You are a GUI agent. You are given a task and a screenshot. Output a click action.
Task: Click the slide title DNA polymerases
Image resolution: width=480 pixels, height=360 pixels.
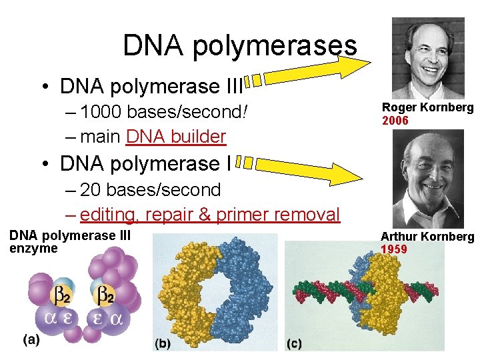[240, 45]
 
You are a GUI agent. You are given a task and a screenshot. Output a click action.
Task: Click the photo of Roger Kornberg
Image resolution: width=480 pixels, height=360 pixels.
[427, 59]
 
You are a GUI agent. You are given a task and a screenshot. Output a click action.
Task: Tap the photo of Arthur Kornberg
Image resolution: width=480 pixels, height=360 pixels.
[428, 178]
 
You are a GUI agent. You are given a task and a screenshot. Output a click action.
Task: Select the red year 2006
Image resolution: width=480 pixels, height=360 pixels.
[395, 121]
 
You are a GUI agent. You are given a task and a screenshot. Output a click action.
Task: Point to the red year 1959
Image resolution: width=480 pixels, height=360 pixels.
[394, 249]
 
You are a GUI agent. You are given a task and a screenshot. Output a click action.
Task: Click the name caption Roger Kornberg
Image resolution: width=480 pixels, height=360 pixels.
[427, 107]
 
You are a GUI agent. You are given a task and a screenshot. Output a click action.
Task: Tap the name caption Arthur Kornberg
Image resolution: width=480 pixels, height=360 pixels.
[427, 237]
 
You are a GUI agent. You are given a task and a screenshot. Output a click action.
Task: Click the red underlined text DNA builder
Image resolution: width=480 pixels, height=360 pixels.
[176, 137]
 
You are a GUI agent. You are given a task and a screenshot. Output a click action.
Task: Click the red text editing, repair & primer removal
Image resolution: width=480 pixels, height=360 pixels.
[209, 215]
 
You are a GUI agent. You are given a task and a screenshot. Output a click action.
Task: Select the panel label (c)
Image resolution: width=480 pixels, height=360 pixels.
[294, 343]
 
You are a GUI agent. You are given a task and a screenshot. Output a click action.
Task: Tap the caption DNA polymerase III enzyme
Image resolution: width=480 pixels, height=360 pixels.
[69, 242]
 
